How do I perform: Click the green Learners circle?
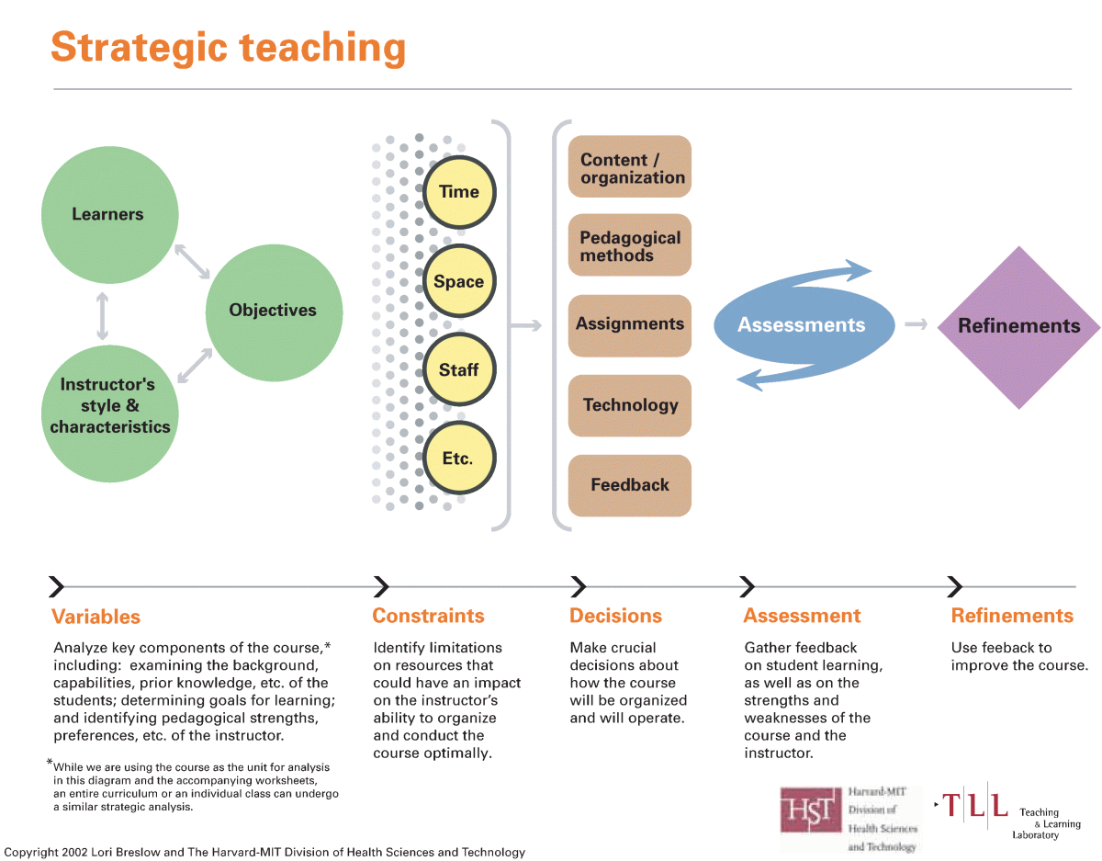pyautogui.click(x=108, y=214)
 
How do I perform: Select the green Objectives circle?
pyautogui.click(x=273, y=311)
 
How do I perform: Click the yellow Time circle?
pyautogui.click(x=459, y=192)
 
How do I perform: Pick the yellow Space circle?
pyautogui.click(x=459, y=281)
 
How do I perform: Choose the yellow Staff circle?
pyautogui.click(x=459, y=369)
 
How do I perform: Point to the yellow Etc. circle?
pyautogui.click(x=458, y=458)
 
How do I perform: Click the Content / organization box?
pyautogui.click(x=630, y=167)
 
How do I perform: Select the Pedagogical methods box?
pyautogui.click(x=630, y=246)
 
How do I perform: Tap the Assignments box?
pyautogui.click(x=630, y=325)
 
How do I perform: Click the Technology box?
pyautogui.click(x=630, y=405)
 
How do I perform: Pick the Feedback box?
pyautogui.click(x=630, y=485)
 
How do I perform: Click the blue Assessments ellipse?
pyautogui.click(x=802, y=325)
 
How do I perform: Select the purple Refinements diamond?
pyautogui.click(x=1018, y=326)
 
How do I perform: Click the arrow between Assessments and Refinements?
pyautogui.click(x=915, y=324)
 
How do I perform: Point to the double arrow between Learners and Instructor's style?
pyautogui.click(x=102, y=316)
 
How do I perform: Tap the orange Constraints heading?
pyautogui.click(x=428, y=616)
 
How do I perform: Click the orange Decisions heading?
pyautogui.click(x=615, y=616)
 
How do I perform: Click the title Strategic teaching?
pyautogui.click(x=228, y=47)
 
